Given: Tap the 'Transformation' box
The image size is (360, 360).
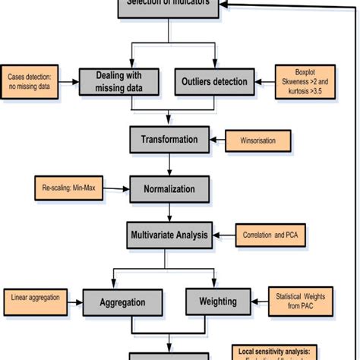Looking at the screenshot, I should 169,140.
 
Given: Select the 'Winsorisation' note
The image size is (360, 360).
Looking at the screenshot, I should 260,141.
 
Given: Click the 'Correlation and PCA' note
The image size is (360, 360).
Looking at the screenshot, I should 270,236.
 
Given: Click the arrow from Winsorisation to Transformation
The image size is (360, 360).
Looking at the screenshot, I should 216,141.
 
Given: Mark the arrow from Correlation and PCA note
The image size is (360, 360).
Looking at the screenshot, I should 222,236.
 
